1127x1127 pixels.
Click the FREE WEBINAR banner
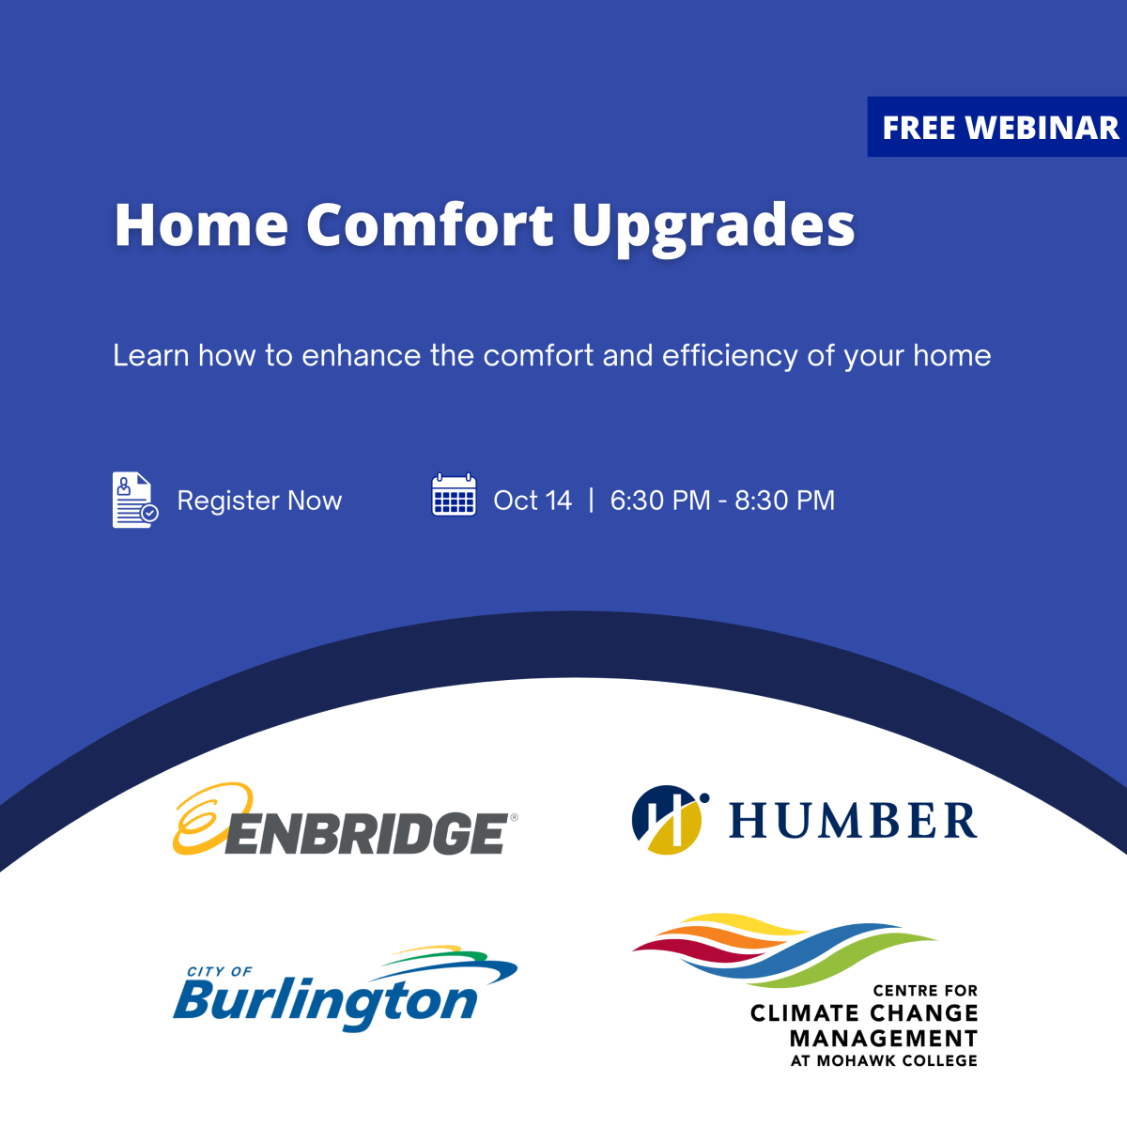tap(999, 128)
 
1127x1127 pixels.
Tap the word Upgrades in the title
tap(713, 226)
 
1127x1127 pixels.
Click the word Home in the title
tap(201, 224)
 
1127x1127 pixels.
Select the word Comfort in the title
tap(429, 224)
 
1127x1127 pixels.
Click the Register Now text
tap(259, 501)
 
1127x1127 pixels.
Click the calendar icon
tap(454, 496)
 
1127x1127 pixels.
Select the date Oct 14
tap(533, 501)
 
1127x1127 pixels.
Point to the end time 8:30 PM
tap(784, 501)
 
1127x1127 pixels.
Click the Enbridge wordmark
tap(366, 833)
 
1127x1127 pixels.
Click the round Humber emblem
tap(668, 820)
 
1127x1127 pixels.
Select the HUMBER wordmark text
tap(853, 821)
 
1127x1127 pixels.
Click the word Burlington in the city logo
tap(325, 1002)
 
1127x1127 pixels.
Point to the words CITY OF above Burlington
tap(220, 971)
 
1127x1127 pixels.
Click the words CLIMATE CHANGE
tap(864, 1013)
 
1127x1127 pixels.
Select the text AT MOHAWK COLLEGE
tap(884, 1060)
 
